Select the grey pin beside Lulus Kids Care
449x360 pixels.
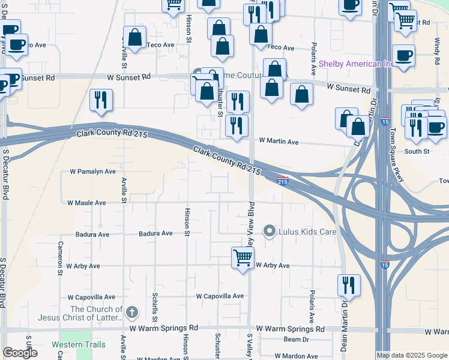[270, 230]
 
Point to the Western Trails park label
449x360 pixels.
[78, 345]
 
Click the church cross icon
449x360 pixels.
[133, 313]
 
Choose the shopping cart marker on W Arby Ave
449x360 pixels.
[243, 258]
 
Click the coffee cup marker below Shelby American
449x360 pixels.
[403, 56]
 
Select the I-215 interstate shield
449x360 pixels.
[283, 180]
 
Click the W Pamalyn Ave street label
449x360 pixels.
[92, 172]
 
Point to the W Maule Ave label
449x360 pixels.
[86, 203]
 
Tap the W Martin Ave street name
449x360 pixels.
[279, 142]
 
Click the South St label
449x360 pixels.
[417, 152]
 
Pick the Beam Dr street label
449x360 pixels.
[296, 340]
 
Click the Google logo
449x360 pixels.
[20, 353]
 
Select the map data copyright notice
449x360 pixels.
[412, 355]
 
